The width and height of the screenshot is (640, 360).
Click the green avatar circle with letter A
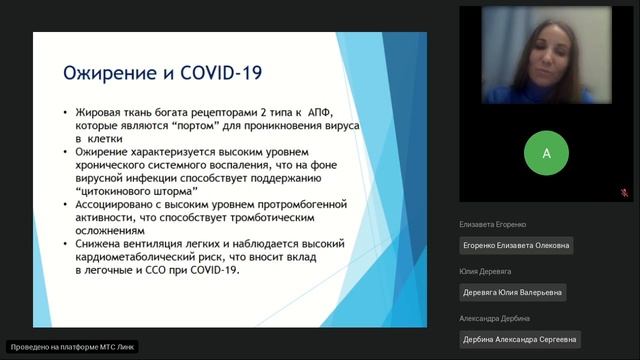point(546,153)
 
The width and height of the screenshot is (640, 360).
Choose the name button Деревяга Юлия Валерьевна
point(513,292)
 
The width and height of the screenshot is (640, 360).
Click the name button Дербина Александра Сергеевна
point(519,339)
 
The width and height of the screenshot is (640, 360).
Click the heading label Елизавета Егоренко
point(494,224)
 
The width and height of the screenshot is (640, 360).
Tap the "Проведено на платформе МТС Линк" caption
point(71,347)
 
